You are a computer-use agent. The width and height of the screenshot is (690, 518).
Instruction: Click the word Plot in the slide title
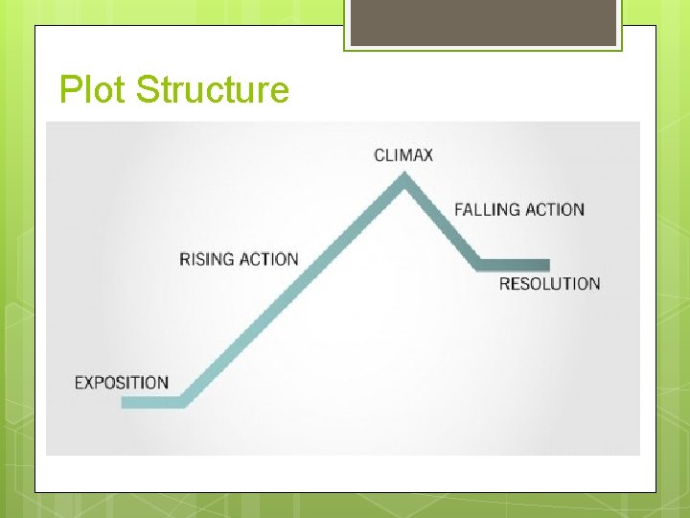(93, 90)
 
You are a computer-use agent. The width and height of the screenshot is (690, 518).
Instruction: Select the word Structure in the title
(212, 90)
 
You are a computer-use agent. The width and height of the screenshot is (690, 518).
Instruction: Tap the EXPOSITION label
(122, 383)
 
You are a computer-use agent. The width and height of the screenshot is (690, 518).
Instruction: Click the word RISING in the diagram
(206, 259)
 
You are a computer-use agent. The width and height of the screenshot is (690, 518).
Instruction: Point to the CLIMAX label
(403, 154)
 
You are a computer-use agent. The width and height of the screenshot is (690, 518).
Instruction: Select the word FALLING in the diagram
(487, 209)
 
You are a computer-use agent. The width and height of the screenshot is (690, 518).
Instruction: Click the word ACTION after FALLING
(554, 209)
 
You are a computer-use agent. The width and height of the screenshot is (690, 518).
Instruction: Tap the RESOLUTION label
(549, 284)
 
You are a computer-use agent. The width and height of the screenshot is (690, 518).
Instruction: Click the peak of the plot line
(405, 177)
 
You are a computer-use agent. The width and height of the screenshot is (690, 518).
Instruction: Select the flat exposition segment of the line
(152, 402)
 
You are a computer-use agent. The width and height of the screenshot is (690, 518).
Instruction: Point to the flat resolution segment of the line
(515, 265)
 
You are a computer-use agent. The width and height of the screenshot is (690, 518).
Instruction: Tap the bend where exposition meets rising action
(184, 402)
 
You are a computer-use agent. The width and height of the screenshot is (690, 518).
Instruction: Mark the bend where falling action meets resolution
(479, 264)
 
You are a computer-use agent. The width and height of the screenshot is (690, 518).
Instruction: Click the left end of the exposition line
(125, 402)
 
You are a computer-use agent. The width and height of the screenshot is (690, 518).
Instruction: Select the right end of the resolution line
(547, 265)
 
